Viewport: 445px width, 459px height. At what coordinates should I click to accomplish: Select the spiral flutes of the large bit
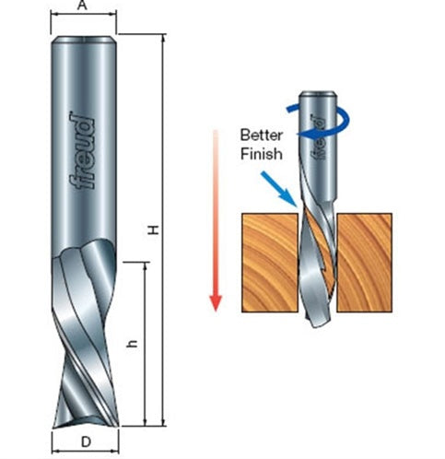(84, 332)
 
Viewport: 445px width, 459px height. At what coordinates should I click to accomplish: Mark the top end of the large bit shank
(85, 39)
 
